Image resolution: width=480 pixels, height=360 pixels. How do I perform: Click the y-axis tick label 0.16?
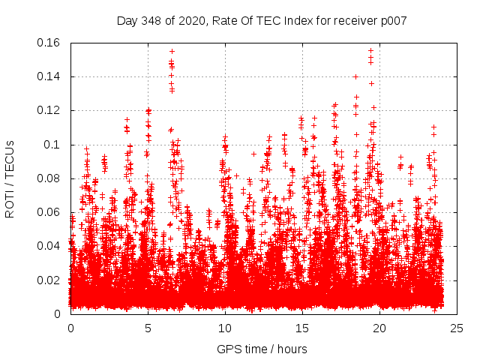(49, 43)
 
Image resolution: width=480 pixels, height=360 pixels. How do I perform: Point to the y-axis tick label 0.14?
(49, 76)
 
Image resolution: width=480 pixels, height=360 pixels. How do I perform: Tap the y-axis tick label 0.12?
(49, 110)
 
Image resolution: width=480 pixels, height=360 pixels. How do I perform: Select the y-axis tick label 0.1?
(52, 144)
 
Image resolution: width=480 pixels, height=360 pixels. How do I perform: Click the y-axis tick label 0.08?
(49, 178)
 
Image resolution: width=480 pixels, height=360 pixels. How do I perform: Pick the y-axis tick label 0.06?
(49, 212)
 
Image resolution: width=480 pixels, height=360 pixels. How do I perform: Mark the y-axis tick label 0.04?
(49, 246)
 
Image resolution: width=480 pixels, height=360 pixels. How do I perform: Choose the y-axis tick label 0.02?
(49, 280)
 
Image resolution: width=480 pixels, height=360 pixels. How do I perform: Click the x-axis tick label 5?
(148, 328)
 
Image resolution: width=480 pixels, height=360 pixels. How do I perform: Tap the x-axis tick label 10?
(225, 328)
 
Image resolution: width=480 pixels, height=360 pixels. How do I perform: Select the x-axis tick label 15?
(302, 328)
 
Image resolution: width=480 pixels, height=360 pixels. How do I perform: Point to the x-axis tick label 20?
(379, 328)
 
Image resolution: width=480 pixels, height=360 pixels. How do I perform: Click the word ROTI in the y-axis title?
(10, 202)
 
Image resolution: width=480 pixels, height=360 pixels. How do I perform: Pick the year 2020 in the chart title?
(192, 21)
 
